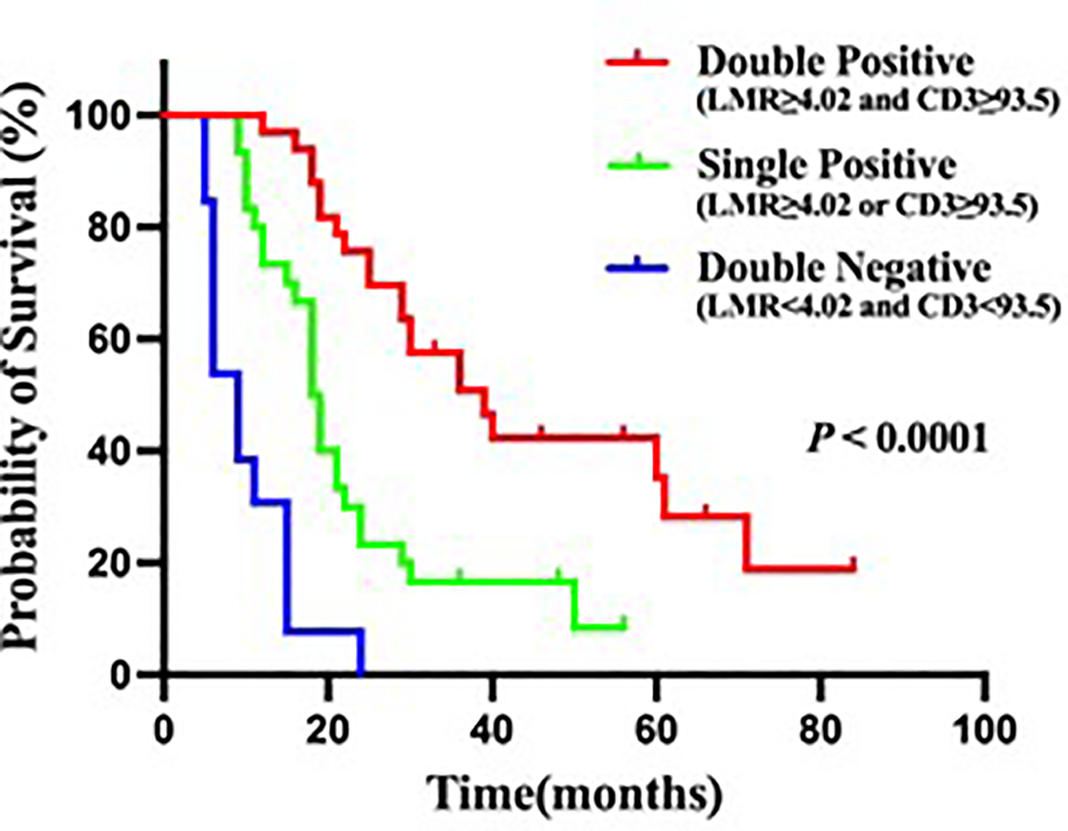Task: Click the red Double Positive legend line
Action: pyautogui.click(x=637, y=62)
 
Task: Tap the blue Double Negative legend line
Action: pyautogui.click(x=637, y=268)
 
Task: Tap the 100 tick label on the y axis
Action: pyautogui.click(x=99, y=116)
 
